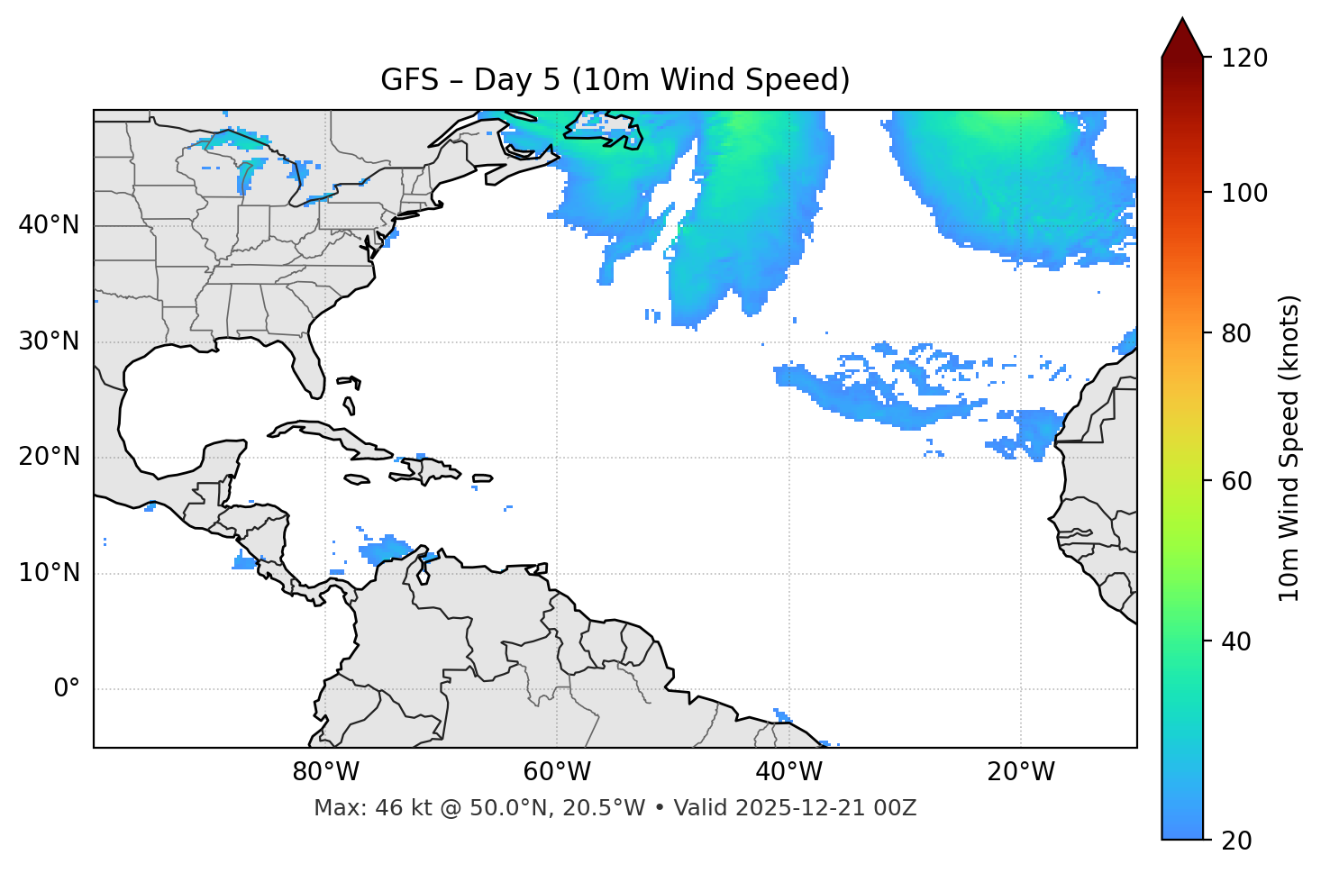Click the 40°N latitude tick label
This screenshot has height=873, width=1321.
tap(49, 225)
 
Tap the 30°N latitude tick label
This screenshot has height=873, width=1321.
tap(49, 341)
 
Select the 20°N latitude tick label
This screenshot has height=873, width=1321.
tap(49, 457)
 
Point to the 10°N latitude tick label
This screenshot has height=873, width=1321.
tap(49, 573)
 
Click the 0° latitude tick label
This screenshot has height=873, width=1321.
tap(66, 689)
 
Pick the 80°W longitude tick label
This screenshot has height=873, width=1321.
tap(325, 772)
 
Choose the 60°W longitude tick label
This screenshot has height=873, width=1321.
tap(557, 772)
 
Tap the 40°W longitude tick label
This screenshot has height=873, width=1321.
tap(789, 772)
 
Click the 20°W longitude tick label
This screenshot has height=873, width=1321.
tap(1021, 772)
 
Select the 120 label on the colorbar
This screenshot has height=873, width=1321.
tap(1244, 59)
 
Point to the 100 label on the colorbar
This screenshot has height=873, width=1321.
tap(1244, 193)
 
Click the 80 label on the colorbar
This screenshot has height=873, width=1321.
tap(1237, 333)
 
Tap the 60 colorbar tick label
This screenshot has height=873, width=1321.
tap(1237, 481)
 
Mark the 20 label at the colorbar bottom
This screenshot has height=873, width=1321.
tap(1237, 841)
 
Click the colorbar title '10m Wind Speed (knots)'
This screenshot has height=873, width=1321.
tap(1289, 448)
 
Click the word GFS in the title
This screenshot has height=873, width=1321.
tap(405, 80)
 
